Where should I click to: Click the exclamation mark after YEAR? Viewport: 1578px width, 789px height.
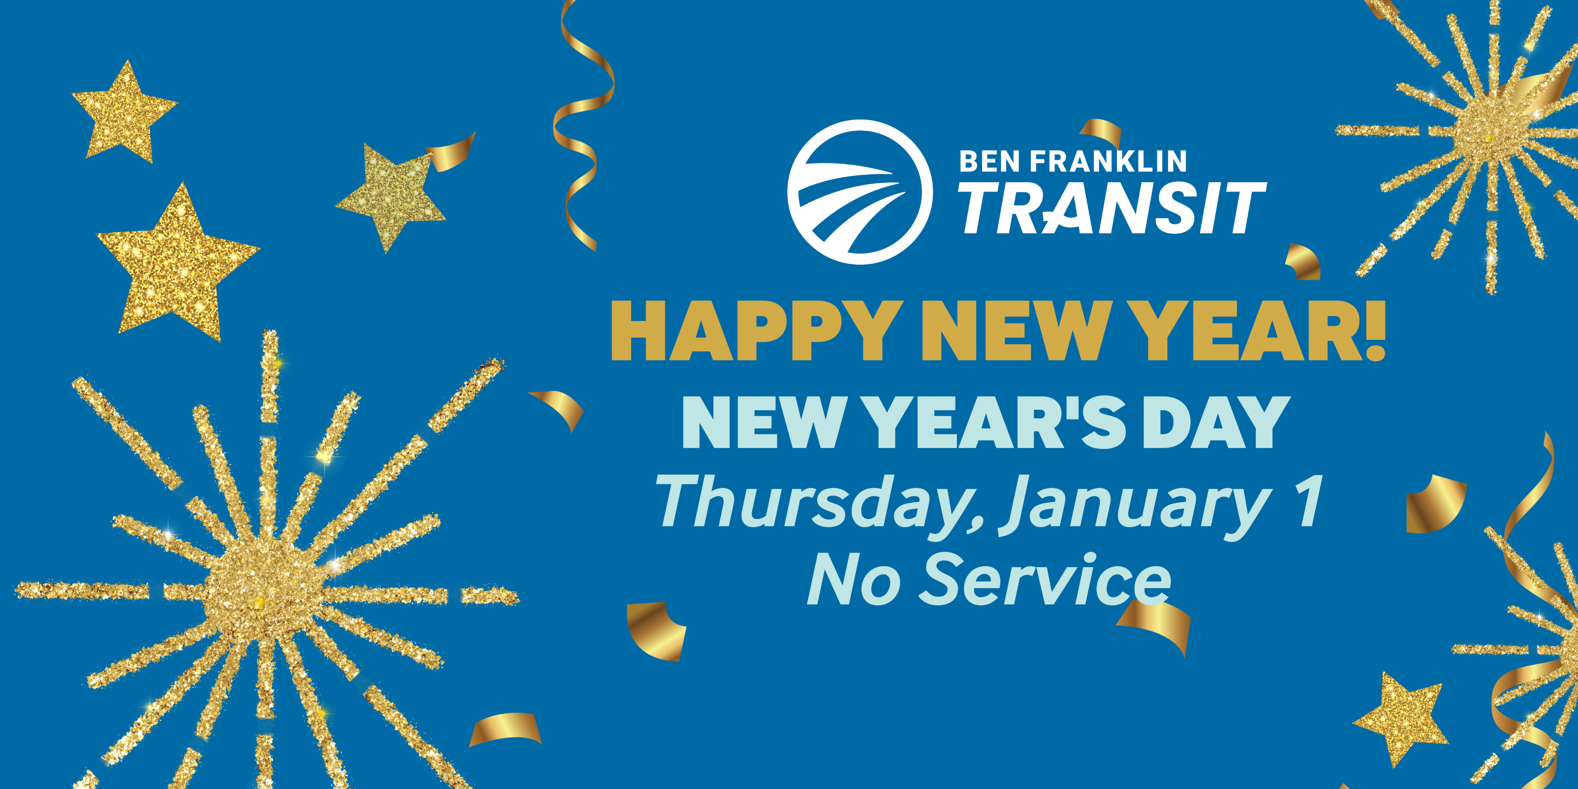pyautogui.click(x=1375, y=331)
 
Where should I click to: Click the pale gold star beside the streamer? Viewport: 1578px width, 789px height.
pyautogui.click(x=391, y=197)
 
